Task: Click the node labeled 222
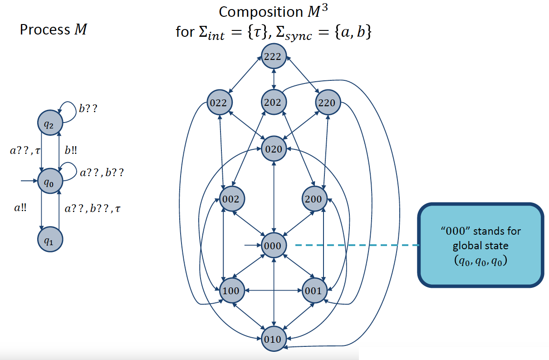(x=274, y=57)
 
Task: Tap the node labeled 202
(x=274, y=103)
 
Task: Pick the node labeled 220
(x=327, y=103)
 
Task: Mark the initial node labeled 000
(x=274, y=246)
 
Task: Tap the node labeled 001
(x=314, y=291)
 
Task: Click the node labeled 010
(x=274, y=339)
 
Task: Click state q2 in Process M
(x=50, y=123)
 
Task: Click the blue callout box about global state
(x=480, y=246)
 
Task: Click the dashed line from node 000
(x=356, y=246)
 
